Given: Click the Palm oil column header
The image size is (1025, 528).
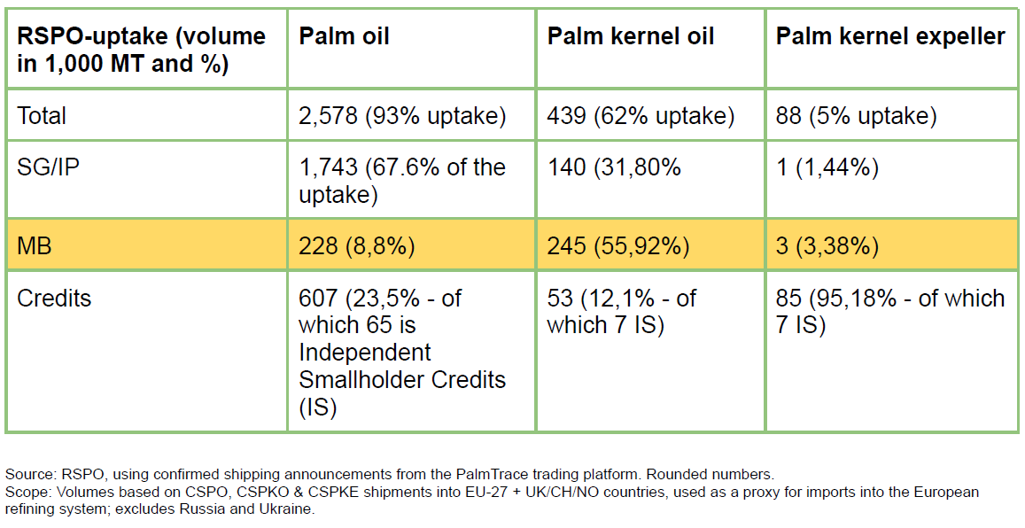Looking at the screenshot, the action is click(344, 36).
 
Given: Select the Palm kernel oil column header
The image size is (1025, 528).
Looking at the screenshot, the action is click(630, 36).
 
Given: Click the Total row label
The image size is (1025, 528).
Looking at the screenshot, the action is click(41, 116).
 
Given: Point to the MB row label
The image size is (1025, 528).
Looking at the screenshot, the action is click(34, 245).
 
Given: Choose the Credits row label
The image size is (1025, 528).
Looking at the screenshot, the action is click(54, 298).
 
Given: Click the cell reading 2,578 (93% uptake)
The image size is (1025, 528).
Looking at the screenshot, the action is click(403, 116).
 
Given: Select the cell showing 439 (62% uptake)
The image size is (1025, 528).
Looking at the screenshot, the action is click(641, 116).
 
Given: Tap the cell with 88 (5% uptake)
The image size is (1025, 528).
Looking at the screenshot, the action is click(857, 116).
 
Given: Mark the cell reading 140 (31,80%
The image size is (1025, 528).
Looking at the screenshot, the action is click(614, 168).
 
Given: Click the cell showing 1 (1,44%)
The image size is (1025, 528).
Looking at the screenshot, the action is click(827, 168).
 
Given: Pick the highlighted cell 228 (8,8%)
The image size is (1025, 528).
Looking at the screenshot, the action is click(357, 246).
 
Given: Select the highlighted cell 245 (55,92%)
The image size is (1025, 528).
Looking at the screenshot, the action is click(617, 246).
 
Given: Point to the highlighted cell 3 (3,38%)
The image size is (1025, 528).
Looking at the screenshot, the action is click(827, 246).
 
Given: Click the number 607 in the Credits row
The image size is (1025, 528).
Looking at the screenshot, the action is click(318, 298).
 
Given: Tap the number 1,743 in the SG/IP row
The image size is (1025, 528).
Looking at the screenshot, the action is click(328, 168).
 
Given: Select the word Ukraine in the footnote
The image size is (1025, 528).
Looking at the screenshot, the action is click(293, 509).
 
